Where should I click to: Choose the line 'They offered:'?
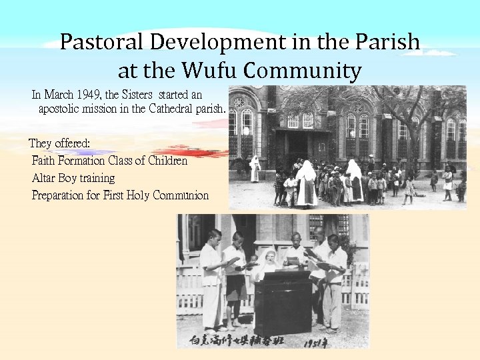click(x=59, y=144)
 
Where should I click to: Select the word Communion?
click(x=181, y=195)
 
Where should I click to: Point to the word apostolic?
click(x=61, y=108)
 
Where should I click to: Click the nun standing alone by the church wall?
click(x=254, y=169)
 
